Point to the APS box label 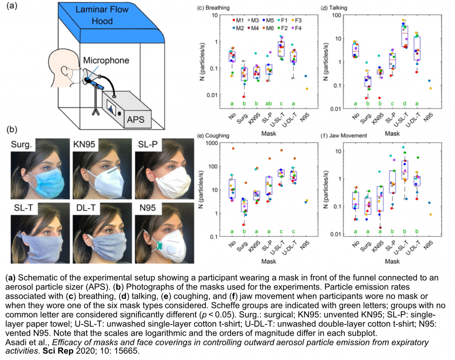pyautogui.click(x=136, y=119)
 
